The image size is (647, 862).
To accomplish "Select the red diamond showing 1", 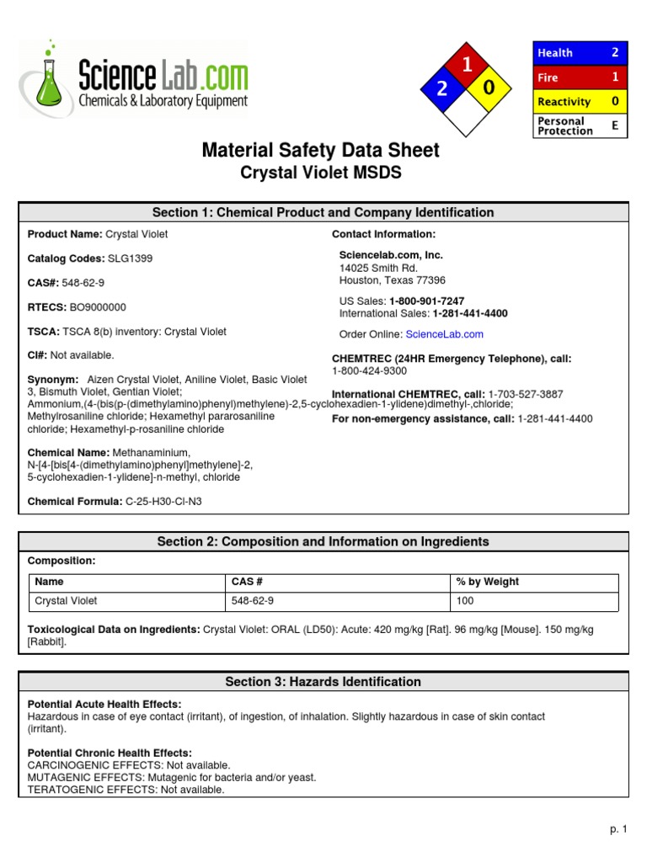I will pyautogui.click(x=466, y=64).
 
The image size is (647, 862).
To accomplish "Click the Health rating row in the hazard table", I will pyautogui.click(x=580, y=52).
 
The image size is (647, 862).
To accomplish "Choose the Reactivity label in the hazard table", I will pyautogui.click(x=564, y=102).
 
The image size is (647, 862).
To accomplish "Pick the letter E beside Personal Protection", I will pyautogui.click(x=615, y=125).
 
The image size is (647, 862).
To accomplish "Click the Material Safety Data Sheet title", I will pyautogui.click(x=320, y=151).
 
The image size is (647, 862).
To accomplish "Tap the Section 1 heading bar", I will pyautogui.click(x=323, y=212).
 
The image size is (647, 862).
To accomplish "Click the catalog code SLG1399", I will pyautogui.click(x=130, y=258).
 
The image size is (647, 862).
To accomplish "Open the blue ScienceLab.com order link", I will pyautogui.click(x=444, y=334).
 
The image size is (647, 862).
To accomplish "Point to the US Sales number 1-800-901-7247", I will pyautogui.click(x=426, y=301).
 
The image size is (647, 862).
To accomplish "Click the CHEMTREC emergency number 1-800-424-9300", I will pyautogui.click(x=369, y=370).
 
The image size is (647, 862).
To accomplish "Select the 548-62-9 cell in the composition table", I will pyautogui.click(x=252, y=601).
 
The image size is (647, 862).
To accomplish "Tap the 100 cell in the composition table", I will pyautogui.click(x=465, y=601).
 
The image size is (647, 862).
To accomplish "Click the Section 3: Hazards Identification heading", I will pyautogui.click(x=323, y=682).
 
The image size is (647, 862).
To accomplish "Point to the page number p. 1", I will pyautogui.click(x=619, y=829).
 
